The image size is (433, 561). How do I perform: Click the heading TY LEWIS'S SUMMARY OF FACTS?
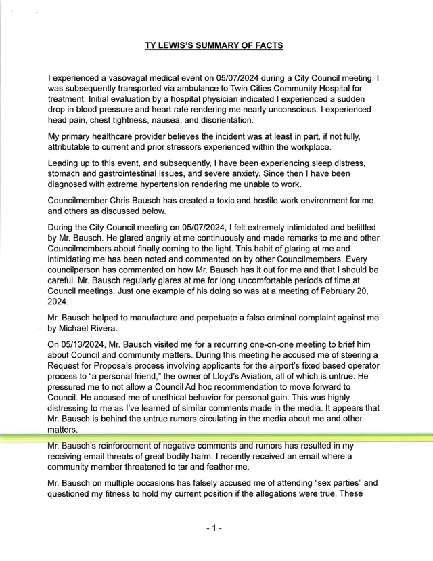coord(214,45)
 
